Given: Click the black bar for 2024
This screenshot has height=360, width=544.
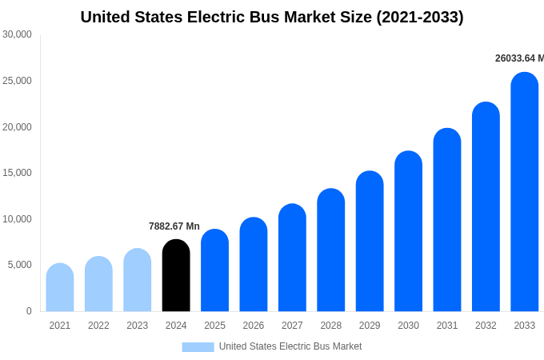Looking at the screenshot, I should click(x=176, y=276).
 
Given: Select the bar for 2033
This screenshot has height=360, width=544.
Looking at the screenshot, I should click(x=524, y=192).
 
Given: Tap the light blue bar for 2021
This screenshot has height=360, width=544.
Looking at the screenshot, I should click(x=60, y=288).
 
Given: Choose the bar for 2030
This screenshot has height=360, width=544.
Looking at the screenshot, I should click(x=408, y=232).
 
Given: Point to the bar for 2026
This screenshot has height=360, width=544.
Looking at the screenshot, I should click(x=254, y=265).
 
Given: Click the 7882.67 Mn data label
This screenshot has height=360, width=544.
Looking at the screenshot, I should click(x=174, y=226).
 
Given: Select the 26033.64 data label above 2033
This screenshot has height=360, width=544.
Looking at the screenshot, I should click(x=519, y=58).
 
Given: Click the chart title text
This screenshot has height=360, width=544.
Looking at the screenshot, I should click(x=272, y=17).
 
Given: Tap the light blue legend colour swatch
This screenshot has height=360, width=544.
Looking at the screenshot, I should click(x=198, y=346).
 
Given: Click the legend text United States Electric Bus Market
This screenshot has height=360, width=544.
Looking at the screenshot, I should click(x=290, y=346).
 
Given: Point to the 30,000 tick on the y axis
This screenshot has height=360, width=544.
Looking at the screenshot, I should click(x=17, y=34).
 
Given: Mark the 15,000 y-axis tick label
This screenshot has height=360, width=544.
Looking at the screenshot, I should click(x=17, y=173).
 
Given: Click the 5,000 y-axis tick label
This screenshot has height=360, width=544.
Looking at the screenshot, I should click(x=19, y=265).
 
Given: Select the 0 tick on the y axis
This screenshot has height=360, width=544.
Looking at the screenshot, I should click(x=29, y=311).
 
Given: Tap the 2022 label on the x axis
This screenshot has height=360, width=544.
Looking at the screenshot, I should click(x=98, y=326).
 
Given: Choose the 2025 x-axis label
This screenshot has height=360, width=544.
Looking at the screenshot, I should click(x=214, y=326).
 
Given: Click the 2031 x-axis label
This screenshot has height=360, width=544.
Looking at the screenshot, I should click(x=447, y=326).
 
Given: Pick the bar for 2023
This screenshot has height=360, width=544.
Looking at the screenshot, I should click(x=137, y=280).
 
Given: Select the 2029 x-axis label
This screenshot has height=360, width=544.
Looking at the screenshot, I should click(x=370, y=326).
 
